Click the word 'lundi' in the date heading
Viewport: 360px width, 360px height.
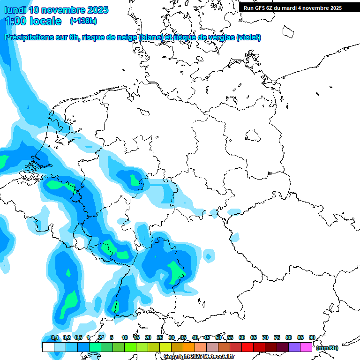click(x=15, y=10)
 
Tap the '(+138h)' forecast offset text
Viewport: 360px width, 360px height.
click(x=83, y=21)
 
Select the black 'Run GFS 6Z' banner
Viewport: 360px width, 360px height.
click(x=299, y=7)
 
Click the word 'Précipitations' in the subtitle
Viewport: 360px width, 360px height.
click(x=29, y=37)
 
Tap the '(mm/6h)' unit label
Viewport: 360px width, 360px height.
click(x=327, y=348)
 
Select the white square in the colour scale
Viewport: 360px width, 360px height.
click(x=48, y=347)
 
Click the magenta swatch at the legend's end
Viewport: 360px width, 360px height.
click(x=306, y=347)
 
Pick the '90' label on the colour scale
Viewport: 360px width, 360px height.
click(x=312, y=337)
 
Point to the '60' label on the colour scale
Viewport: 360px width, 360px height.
click(x=242, y=337)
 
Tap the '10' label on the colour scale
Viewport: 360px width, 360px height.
click(x=125, y=337)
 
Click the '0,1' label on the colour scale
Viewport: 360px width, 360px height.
click(x=55, y=337)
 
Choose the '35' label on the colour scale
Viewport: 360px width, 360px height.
click(x=183, y=337)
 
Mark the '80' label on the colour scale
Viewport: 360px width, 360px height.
click(x=289, y=337)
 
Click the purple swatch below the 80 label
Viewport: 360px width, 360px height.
click(x=294, y=347)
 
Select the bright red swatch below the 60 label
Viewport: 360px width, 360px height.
click(x=247, y=347)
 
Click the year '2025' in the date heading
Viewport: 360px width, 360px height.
click(x=97, y=10)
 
